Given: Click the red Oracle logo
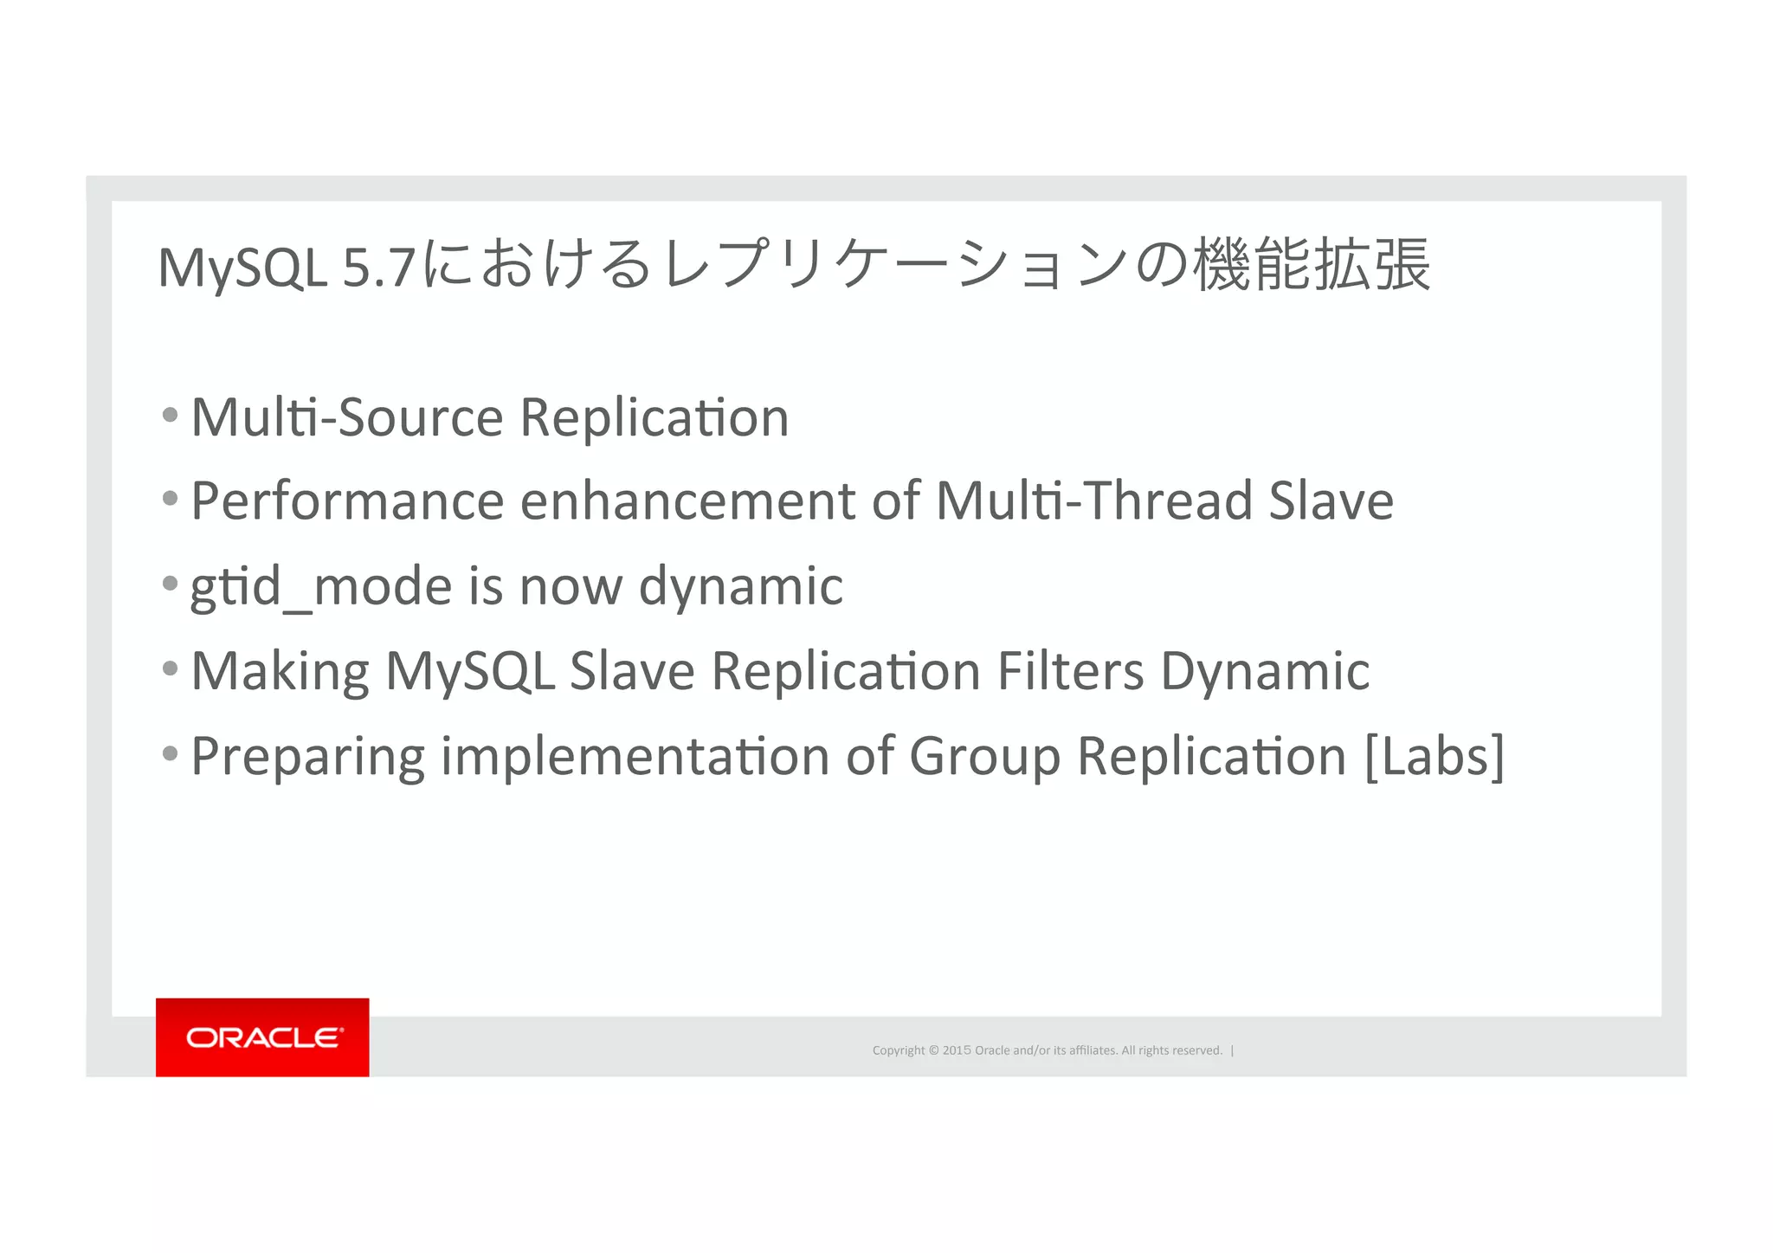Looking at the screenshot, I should point(262,1037).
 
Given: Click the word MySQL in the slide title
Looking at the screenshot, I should point(242,268).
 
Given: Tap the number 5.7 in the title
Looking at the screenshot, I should point(379,268).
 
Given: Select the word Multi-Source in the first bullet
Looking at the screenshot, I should point(346,417).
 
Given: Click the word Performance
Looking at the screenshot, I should point(347,501).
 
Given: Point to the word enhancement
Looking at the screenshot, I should point(687,501).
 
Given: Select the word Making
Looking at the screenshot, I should point(280,671).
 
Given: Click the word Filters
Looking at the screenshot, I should point(1070,671).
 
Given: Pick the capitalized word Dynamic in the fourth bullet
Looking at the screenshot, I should point(1265,671).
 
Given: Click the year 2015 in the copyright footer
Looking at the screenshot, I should point(957,1050).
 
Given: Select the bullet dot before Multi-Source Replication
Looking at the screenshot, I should point(171,414).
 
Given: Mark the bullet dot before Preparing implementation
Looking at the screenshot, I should point(171,752).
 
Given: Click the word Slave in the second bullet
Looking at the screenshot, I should point(1331,501).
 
